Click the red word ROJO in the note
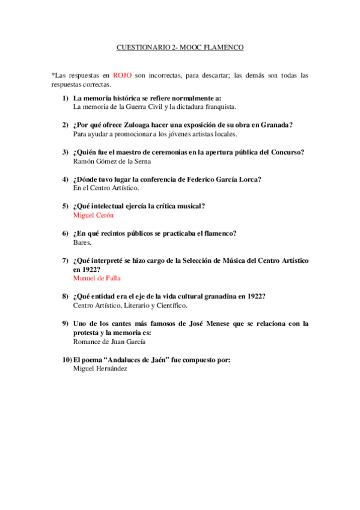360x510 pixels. click(123, 75)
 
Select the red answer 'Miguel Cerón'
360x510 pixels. click(93, 215)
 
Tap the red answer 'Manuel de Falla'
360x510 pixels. click(97, 278)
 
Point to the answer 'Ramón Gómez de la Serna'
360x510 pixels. click(112, 161)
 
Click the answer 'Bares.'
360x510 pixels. click(82, 242)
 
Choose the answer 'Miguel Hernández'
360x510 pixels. click(100, 369)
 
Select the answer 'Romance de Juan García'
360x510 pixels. click(109, 341)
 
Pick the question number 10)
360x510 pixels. click(66, 360)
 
